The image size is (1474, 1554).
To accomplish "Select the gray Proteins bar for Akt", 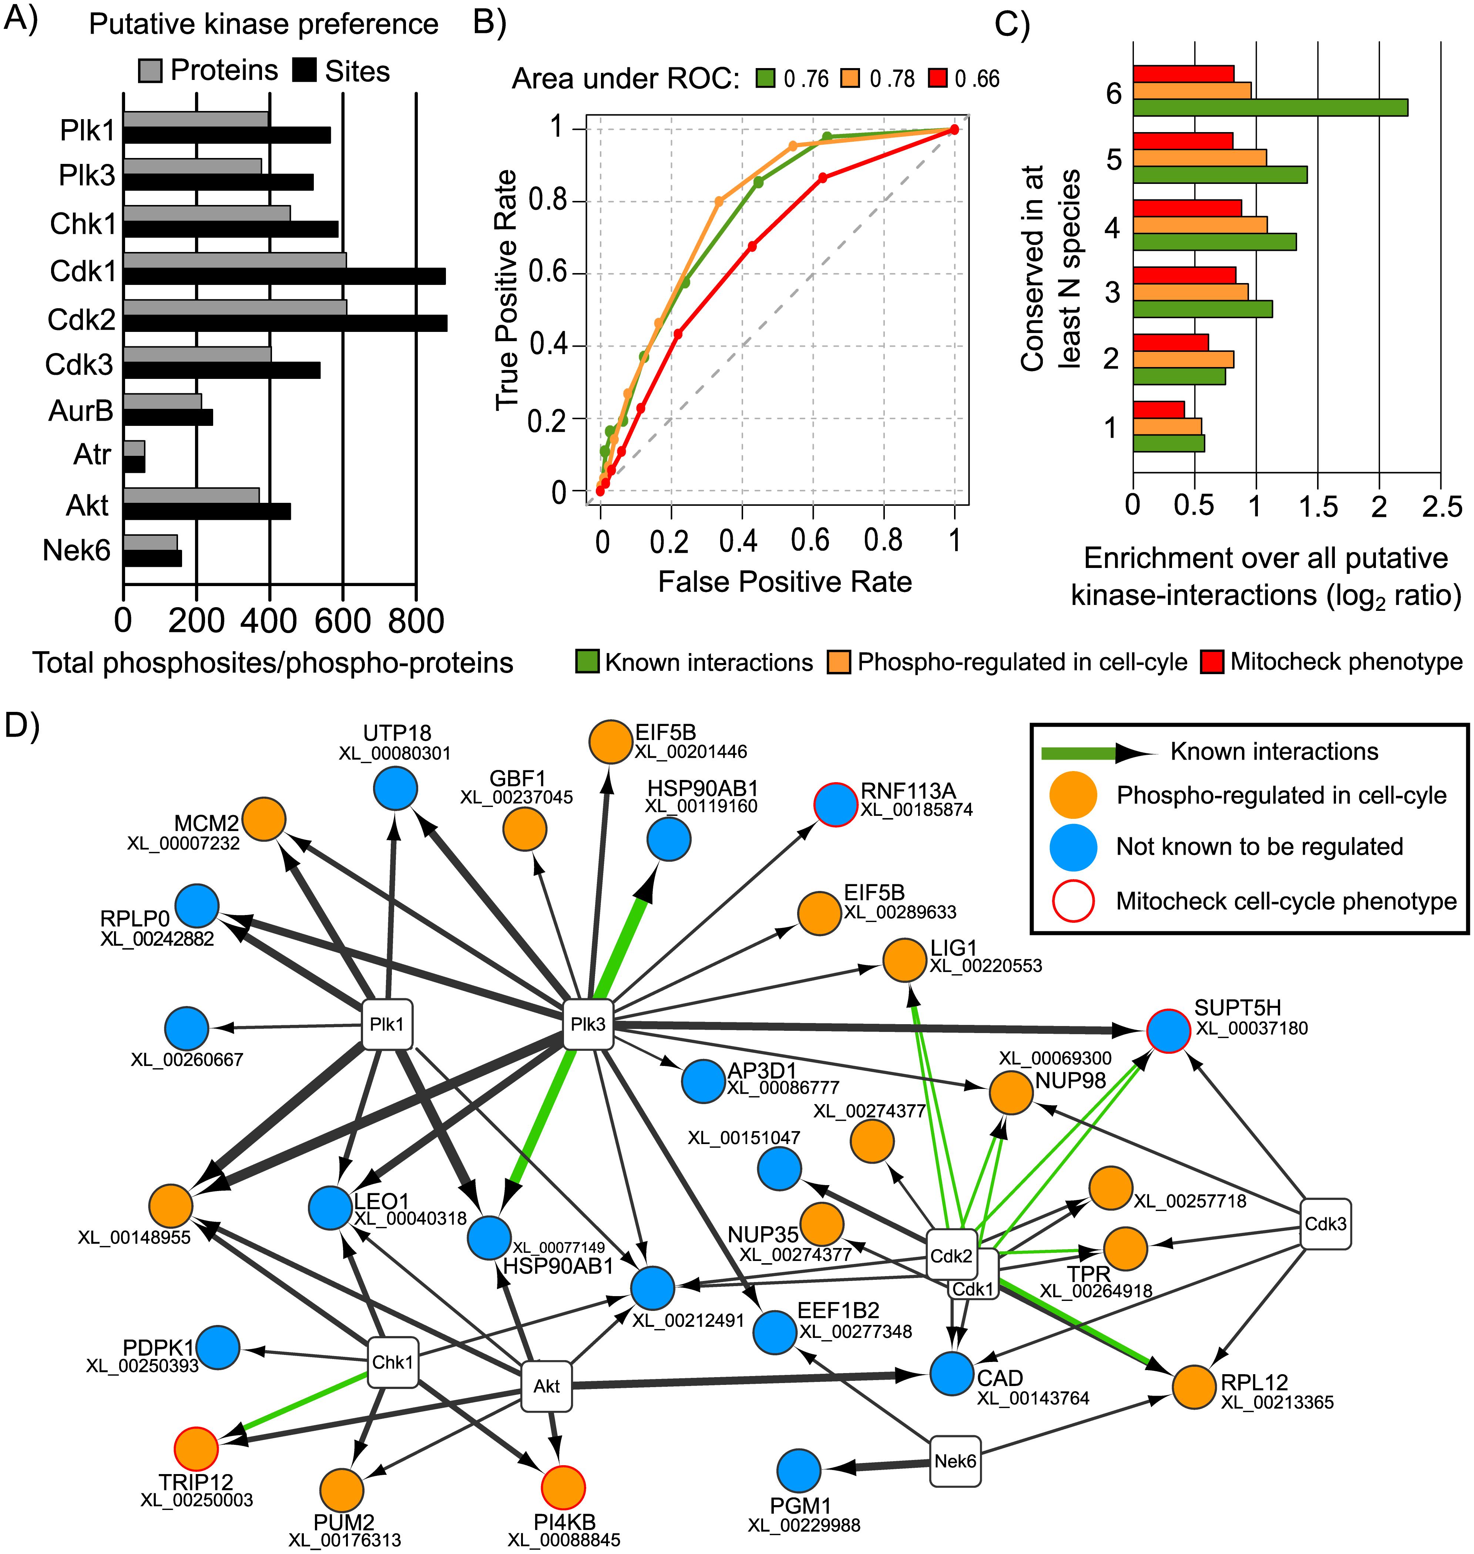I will (191, 495).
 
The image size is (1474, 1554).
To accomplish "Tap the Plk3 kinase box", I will (588, 1024).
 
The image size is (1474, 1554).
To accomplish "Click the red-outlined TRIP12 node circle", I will (196, 1448).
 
